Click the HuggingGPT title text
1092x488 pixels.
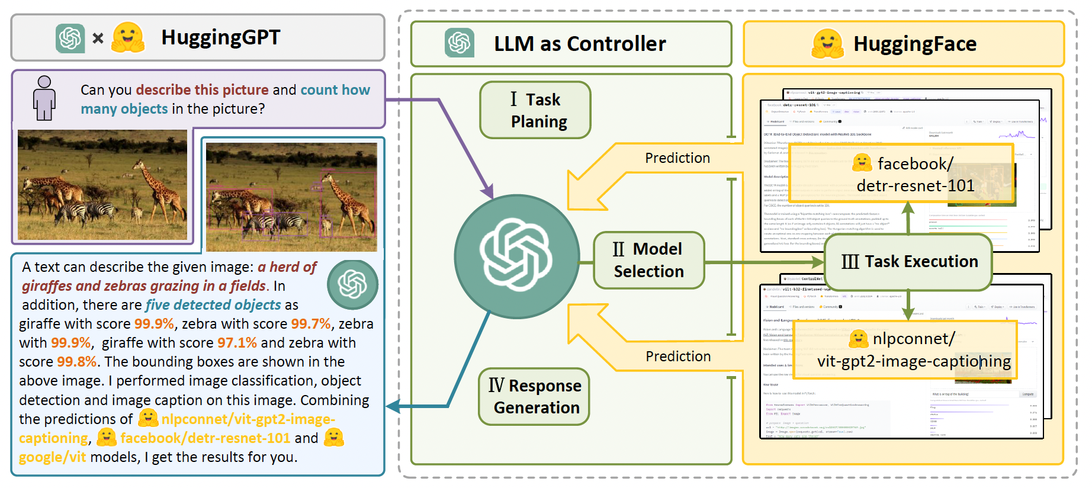[x=220, y=37]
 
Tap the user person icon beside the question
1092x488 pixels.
[x=44, y=98]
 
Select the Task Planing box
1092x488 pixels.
[x=535, y=110]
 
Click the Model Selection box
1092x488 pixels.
[x=648, y=260]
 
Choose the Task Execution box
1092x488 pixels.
[x=908, y=261]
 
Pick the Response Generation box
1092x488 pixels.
[x=534, y=396]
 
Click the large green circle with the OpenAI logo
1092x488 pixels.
[x=516, y=256]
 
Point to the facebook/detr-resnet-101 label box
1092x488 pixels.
[x=901, y=174]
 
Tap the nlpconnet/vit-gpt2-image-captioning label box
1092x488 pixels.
[x=905, y=349]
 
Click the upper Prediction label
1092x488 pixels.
[x=677, y=158]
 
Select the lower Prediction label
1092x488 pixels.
[x=678, y=357]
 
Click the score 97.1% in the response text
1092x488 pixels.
[x=237, y=343]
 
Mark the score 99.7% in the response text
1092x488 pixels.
[x=310, y=324]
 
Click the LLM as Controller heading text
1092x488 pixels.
[x=580, y=44]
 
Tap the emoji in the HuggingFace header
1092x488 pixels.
[x=827, y=43]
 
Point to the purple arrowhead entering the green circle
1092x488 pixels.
[x=488, y=192]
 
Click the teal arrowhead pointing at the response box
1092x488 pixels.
[x=392, y=406]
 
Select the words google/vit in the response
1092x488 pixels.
[x=52, y=457]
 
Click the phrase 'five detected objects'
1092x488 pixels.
[x=213, y=305]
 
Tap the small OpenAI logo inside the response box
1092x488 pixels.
[x=352, y=284]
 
